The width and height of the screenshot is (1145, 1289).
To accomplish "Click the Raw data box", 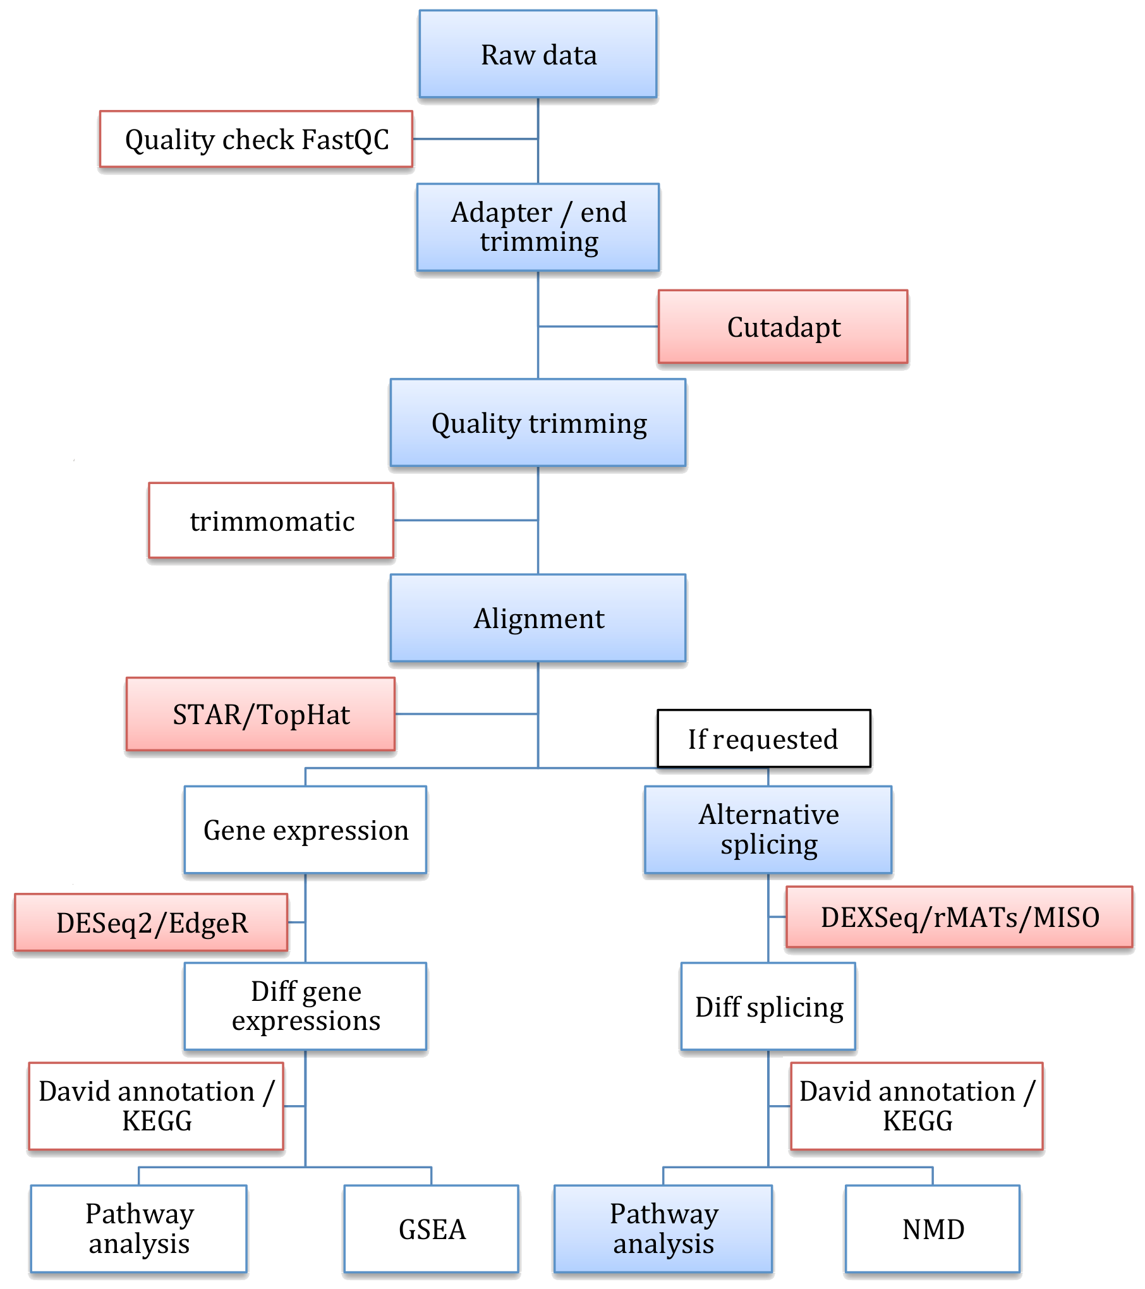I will click(538, 54).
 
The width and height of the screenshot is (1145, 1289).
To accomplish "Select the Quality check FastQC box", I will click(256, 139).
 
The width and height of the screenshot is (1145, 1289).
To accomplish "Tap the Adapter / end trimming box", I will click(538, 227).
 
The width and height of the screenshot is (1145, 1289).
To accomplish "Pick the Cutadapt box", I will click(783, 327).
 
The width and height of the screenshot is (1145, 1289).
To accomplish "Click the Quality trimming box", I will click(538, 423).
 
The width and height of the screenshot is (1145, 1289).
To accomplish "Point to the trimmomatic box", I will click(271, 521).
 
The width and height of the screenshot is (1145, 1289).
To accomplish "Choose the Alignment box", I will click(538, 618).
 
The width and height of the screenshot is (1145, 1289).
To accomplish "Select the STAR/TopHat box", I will click(260, 715).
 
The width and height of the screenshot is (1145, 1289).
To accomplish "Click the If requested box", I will click(763, 739).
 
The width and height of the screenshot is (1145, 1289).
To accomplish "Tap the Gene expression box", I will click(305, 830).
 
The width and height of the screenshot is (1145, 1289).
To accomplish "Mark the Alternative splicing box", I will click(768, 830).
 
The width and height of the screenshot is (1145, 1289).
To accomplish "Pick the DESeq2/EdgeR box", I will click(151, 923).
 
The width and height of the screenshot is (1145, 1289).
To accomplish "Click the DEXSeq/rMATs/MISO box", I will click(959, 917).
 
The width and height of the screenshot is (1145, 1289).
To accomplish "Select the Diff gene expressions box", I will click(305, 1006).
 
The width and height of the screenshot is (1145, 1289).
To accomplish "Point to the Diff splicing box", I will click(768, 1007).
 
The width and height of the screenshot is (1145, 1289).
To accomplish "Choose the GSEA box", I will click(432, 1229).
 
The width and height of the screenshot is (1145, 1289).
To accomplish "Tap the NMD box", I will click(932, 1229).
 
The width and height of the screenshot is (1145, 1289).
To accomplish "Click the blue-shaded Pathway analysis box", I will click(663, 1229).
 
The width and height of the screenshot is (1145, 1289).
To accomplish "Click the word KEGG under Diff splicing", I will click(917, 1122).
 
